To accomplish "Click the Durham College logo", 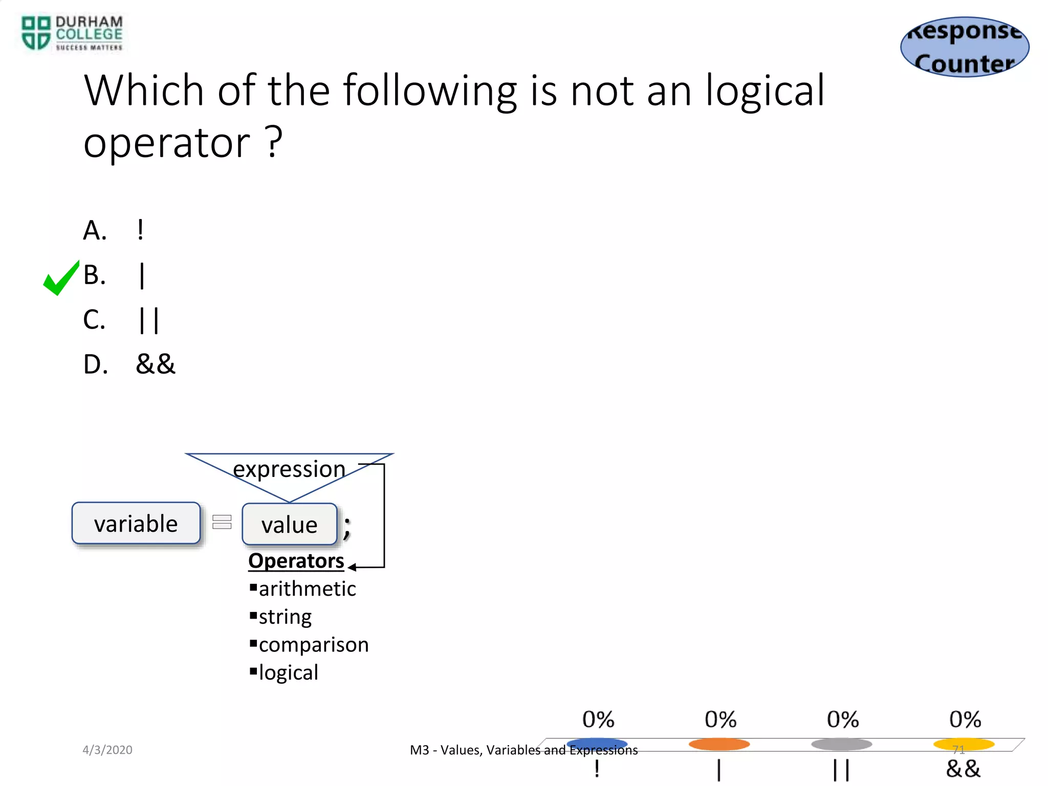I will pos(72,33).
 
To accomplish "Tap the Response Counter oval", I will pos(965,47).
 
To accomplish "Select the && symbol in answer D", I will pos(155,364).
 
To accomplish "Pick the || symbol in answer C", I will pos(149,320).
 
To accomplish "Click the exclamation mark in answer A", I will pos(140,230).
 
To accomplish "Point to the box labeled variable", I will pos(136,523).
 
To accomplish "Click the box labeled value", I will pos(290,525).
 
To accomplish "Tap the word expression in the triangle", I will pos(289,469).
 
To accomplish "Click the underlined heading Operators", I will pos(296,561).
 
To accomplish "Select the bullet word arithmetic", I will pos(307,589).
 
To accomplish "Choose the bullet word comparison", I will pos(313,645).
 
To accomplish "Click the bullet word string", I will pos(285,617).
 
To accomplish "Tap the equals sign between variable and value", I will pos(222,522).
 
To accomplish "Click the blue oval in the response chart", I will pos(597,744).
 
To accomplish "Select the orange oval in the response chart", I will pos(719,744).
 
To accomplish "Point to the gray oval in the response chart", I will pos(841,744).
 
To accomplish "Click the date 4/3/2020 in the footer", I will pos(107,750).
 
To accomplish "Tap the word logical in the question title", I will pos(765,91).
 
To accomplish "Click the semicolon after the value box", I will pos(347,527).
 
